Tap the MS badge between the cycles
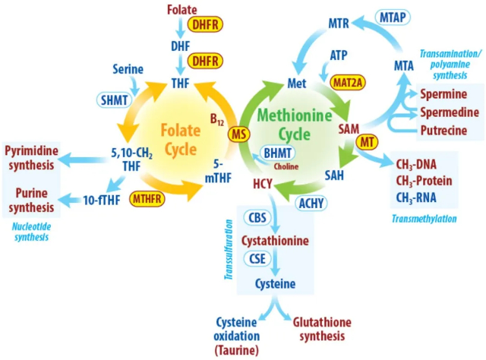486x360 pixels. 237,134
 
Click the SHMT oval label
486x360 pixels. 112,99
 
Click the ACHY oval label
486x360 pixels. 314,202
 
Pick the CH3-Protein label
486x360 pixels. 424,181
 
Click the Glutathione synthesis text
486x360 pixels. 321,329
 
